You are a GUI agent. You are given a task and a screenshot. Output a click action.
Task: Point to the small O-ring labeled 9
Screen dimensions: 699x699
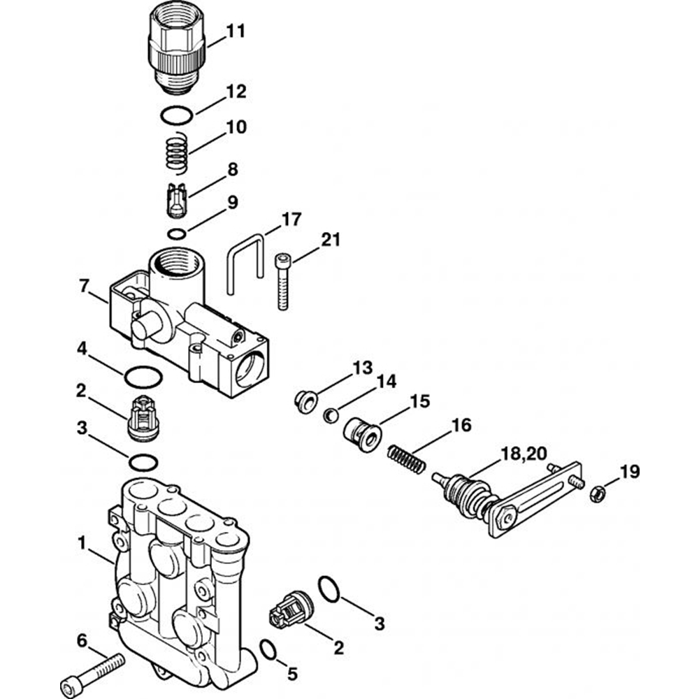(178, 233)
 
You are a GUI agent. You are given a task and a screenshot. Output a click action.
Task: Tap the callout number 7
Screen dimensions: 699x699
(85, 287)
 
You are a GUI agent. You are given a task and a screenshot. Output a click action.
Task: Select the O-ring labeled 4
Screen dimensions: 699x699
(143, 377)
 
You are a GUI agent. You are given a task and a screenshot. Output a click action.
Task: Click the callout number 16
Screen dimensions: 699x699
(461, 425)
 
